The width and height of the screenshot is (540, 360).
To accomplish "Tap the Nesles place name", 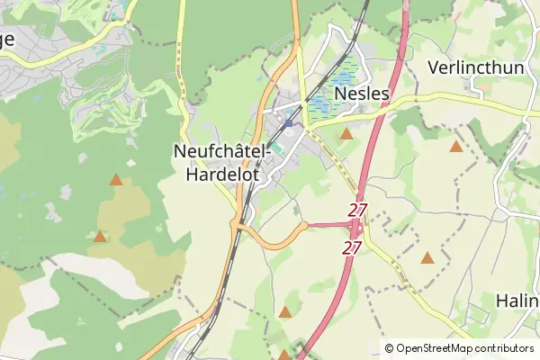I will (361, 93).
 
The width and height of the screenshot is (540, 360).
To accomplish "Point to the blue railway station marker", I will (288, 124).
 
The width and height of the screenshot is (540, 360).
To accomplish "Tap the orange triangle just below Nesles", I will (346, 134).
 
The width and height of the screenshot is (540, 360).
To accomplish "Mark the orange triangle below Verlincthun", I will (456, 147).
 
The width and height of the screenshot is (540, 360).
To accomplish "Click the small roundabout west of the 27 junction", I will (305, 225).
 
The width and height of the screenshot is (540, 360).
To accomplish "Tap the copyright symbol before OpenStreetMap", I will (389, 348).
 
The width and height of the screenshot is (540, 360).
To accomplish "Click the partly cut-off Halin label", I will (517, 300).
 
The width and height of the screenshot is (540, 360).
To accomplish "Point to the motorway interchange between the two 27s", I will (353, 228).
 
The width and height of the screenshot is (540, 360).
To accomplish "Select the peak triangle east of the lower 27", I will (427, 258).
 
